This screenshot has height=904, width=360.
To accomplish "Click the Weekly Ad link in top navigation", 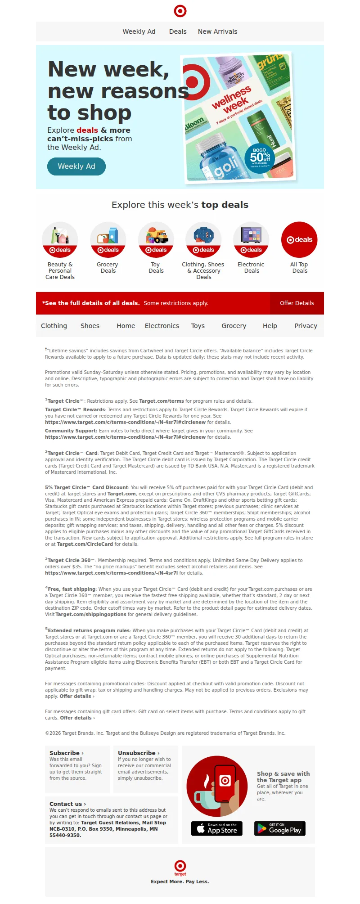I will pyautogui.click(x=139, y=31).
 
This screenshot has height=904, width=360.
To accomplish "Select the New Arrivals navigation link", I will pyautogui.click(x=217, y=31).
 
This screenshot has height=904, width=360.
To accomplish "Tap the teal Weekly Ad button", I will pyautogui.click(x=76, y=166).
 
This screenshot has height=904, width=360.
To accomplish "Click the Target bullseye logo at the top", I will pyautogui.click(x=180, y=11).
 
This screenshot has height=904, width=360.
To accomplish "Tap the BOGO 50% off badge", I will pyautogui.click(x=260, y=157).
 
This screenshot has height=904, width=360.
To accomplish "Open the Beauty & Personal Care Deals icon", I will pyautogui.click(x=60, y=239).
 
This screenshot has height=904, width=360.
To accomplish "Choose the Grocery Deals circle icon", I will pyautogui.click(x=108, y=239).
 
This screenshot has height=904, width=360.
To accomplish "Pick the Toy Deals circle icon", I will pyautogui.click(x=156, y=239).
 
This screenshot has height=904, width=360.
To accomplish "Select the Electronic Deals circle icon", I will pyautogui.click(x=251, y=239).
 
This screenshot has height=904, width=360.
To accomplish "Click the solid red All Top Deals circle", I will pyautogui.click(x=300, y=239).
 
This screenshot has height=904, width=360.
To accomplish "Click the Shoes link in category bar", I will pyautogui.click(x=90, y=326).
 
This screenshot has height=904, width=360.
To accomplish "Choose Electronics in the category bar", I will pyautogui.click(x=162, y=326).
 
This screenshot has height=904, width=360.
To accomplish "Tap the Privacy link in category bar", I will pyautogui.click(x=306, y=326).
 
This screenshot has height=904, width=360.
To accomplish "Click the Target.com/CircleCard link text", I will pyautogui.click(x=85, y=544).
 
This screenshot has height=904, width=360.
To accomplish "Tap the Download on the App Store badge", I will pyautogui.click(x=217, y=828).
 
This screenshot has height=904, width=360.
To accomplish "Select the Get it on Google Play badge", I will pyautogui.click(x=280, y=828).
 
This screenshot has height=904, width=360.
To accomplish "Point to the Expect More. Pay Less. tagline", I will pyautogui.click(x=180, y=882).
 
